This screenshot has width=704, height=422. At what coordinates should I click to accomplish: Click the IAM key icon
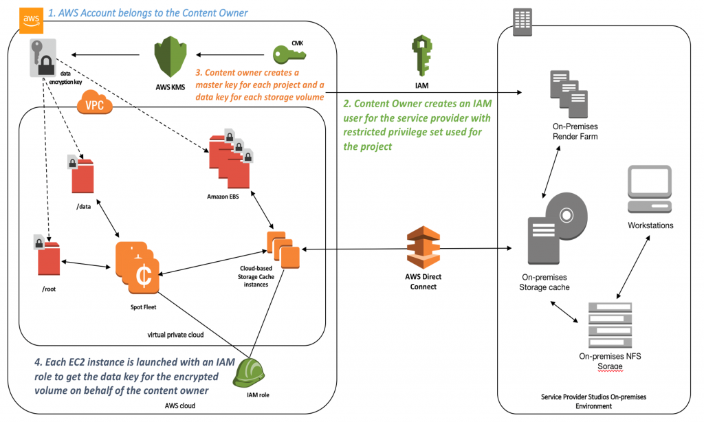point(422,55)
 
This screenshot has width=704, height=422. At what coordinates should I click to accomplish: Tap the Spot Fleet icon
point(137,265)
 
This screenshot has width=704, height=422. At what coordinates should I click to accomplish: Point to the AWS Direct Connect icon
point(422,247)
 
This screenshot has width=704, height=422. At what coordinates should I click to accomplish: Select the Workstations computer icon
point(650,190)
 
